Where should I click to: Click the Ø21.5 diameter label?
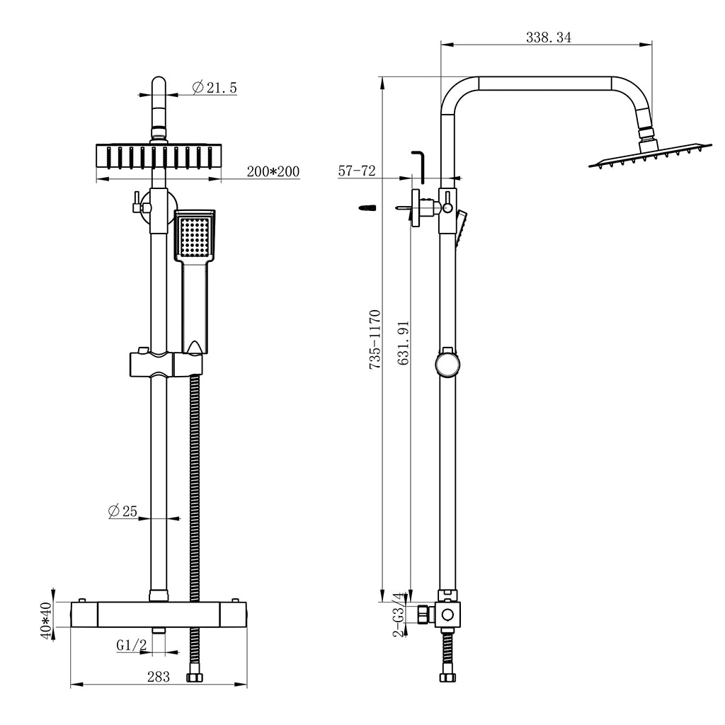[x=215, y=88]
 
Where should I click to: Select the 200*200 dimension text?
[x=273, y=171]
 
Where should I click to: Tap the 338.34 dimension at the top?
[x=548, y=38]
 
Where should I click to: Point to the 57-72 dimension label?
[x=357, y=171]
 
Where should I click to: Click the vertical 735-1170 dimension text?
[x=376, y=338]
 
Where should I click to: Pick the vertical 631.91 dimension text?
[x=404, y=343]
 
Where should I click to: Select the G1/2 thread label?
[x=131, y=645]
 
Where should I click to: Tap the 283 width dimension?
[x=159, y=677]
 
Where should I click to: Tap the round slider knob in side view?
[x=447, y=365]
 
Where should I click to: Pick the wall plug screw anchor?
[x=367, y=207]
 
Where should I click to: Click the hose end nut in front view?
[x=193, y=677]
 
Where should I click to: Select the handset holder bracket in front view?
[x=166, y=365]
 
